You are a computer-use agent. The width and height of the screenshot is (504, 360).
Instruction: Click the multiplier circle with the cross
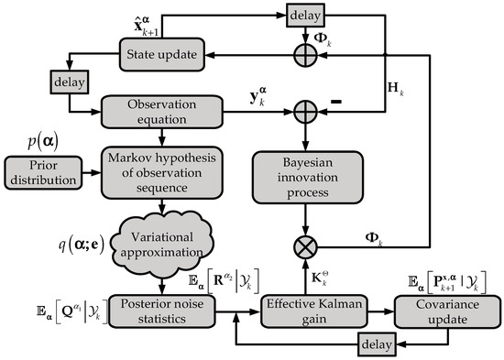(313, 245)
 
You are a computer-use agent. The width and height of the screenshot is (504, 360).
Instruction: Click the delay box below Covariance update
(375, 343)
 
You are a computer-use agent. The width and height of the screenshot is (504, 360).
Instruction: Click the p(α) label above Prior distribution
(43, 140)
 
